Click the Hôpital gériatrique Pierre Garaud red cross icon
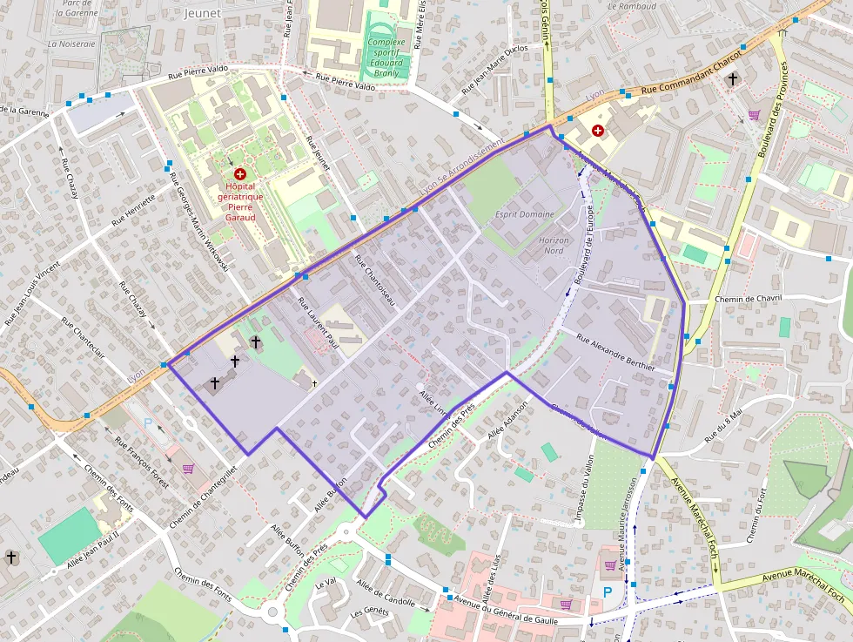(239, 174)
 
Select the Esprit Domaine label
(524, 214)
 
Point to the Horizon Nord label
(554, 246)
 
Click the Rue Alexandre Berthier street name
(615, 354)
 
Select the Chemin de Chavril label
(748, 299)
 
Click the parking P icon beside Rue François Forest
(147, 422)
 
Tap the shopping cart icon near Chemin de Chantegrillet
(188, 468)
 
